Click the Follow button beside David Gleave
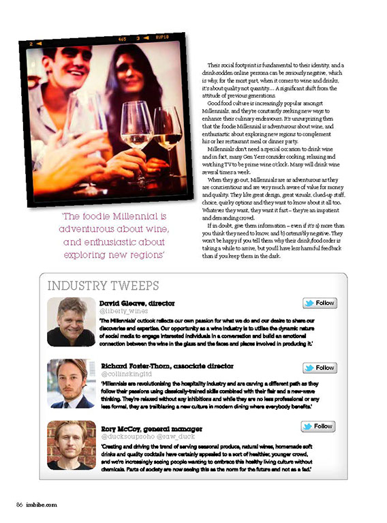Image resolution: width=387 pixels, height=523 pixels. (320, 303)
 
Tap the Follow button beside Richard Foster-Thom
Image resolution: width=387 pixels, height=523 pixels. (320, 368)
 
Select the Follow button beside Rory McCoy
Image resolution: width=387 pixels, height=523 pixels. (318, 426)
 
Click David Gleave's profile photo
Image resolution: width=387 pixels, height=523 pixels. (72, 322)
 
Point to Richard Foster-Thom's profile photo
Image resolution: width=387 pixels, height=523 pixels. (72, 383)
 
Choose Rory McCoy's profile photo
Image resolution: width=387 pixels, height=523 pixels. (72, 445)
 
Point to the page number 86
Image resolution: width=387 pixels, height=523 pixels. (20, 505)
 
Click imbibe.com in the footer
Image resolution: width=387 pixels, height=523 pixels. (42, 505)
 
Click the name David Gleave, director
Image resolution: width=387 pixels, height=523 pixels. (137, 302)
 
